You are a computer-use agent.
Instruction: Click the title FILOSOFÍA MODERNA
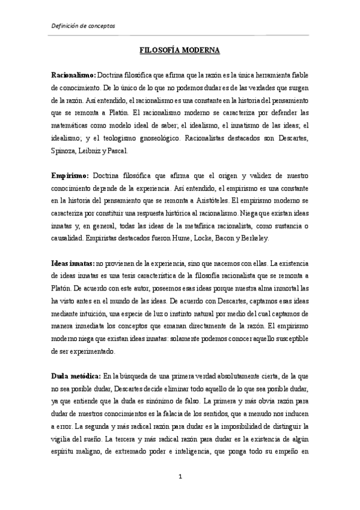(180, 52)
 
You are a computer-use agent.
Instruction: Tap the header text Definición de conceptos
(82, 26)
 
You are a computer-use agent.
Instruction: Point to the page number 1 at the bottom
(180, 476)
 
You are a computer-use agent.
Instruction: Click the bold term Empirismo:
(70, 175)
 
